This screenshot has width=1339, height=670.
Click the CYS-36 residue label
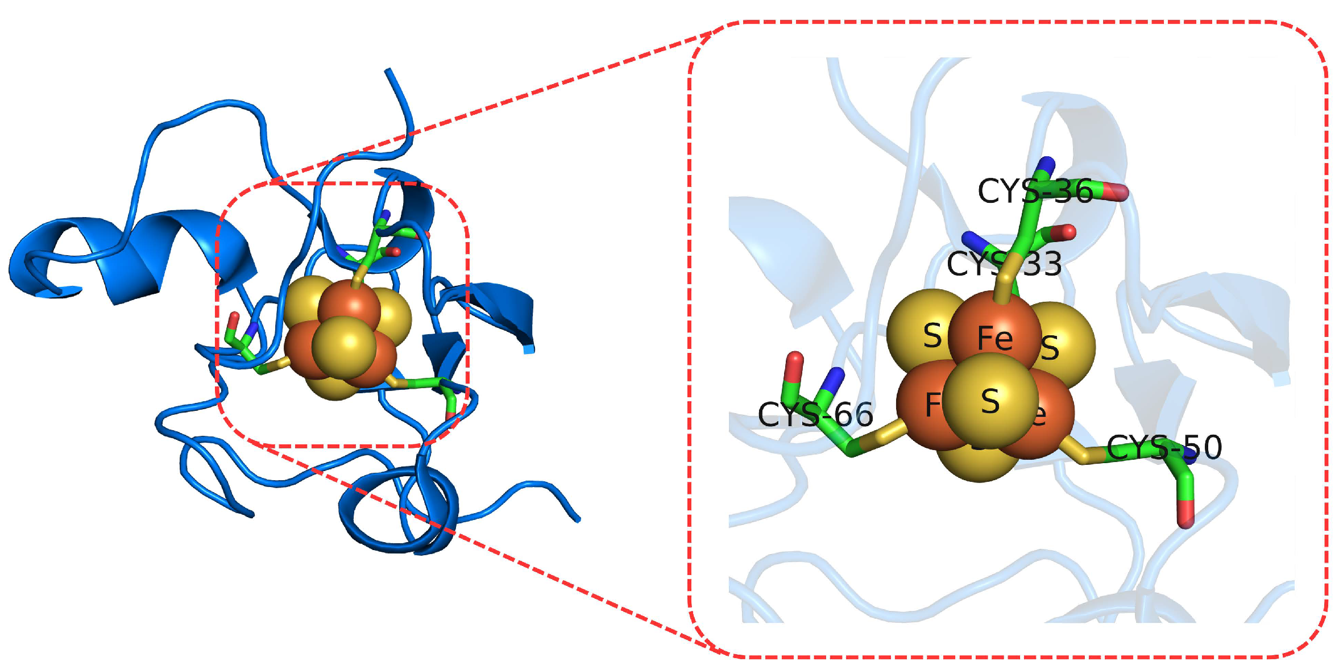1035,192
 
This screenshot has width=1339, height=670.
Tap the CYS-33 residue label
1004,264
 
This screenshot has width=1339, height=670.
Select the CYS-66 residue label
815,414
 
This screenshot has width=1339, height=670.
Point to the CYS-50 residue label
1164,447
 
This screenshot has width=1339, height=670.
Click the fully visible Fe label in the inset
994,339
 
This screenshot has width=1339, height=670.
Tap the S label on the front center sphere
990,402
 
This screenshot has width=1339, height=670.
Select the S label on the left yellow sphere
932,335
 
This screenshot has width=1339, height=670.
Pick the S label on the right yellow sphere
1050,348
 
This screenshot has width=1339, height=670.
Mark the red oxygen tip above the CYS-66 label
794,360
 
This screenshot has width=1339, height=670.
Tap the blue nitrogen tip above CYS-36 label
1047,164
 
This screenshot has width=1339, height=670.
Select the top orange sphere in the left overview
349,307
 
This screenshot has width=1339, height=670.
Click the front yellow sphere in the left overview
343,347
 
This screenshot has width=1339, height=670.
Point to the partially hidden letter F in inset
932,405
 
